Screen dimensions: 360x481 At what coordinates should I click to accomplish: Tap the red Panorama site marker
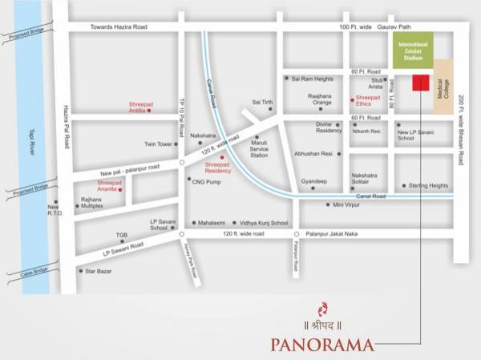418,83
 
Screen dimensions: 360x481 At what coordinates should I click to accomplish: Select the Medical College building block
441,93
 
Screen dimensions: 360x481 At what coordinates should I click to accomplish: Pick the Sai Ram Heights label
313,79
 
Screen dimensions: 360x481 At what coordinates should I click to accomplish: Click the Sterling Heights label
428,185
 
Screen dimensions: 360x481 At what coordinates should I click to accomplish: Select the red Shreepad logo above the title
322,308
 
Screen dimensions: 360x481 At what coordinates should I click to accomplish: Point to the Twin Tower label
159,144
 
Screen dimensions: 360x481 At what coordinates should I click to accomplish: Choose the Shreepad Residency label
218,168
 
